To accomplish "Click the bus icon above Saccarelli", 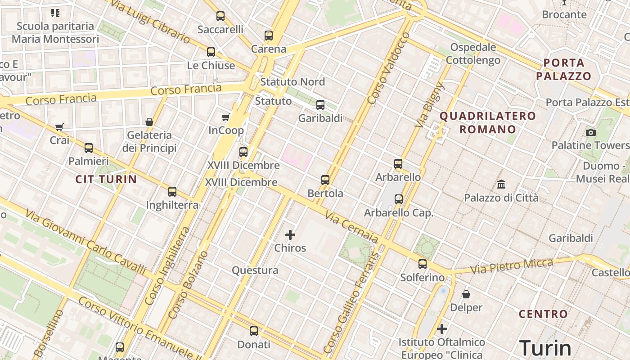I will (220, 16).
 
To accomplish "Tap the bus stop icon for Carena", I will (269, 35).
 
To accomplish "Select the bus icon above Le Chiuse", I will (211, 52).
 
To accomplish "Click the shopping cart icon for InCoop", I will (226, 117).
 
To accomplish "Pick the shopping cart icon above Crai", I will (59, 127).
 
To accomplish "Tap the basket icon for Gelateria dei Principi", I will (149, 122).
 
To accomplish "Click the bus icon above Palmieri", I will (89, 148).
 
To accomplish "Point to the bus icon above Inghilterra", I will (172, 192).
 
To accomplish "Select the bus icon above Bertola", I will (325, 180).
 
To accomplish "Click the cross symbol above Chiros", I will (290, 234).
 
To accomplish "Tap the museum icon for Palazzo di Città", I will (501, 184).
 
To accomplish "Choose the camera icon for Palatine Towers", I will (591, 132).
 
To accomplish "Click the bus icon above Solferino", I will (423, 264).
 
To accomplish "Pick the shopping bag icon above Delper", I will (466, 294).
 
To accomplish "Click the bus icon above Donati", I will (254, 331).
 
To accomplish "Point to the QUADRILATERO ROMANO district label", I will (488, 123).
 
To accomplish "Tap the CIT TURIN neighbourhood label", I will (106, 180).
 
